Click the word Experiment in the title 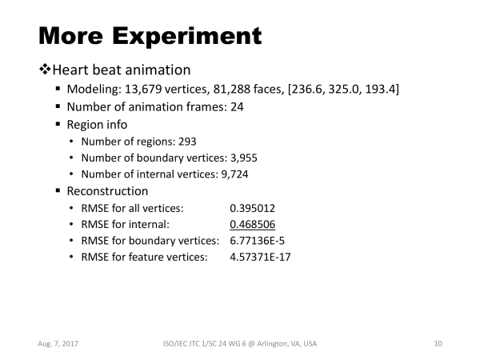coord(186,37)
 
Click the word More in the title coord(70,36)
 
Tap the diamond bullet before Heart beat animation coord(45,69)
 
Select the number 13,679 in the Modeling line coord(143,89)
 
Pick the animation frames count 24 coord(237,107)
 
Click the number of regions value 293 coord(187,142)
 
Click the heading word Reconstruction coord(107,191)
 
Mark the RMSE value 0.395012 coord(252,208)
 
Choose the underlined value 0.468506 coord(252,225)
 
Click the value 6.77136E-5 coord(257,241)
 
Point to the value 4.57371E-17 coord(260,257)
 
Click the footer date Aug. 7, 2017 coord(58,344)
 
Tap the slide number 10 coord(438,344)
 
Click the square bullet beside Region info coord(58,124)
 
